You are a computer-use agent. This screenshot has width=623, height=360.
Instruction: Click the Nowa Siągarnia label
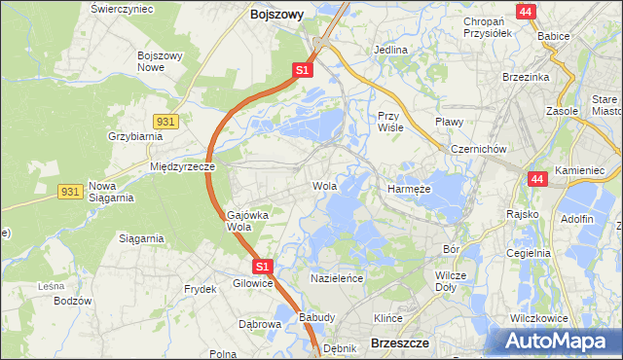pyautogui.click(x=110, y=191)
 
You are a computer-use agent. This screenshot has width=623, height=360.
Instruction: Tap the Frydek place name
pyautogui.click(x=200, y=289)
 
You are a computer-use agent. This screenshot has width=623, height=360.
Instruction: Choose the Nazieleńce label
pyautogui.click(x=337, y=277)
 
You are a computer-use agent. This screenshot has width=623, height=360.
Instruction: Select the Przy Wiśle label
pyautogui.click(x=390, y=121)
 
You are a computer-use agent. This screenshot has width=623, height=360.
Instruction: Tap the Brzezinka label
pyautogui.click(x=527, y=77)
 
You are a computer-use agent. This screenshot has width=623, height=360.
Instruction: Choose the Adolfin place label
pyautogui.click(x=577, y=219)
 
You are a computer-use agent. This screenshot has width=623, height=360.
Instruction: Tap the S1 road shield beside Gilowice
pyautogui.click(x=261, y=266)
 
